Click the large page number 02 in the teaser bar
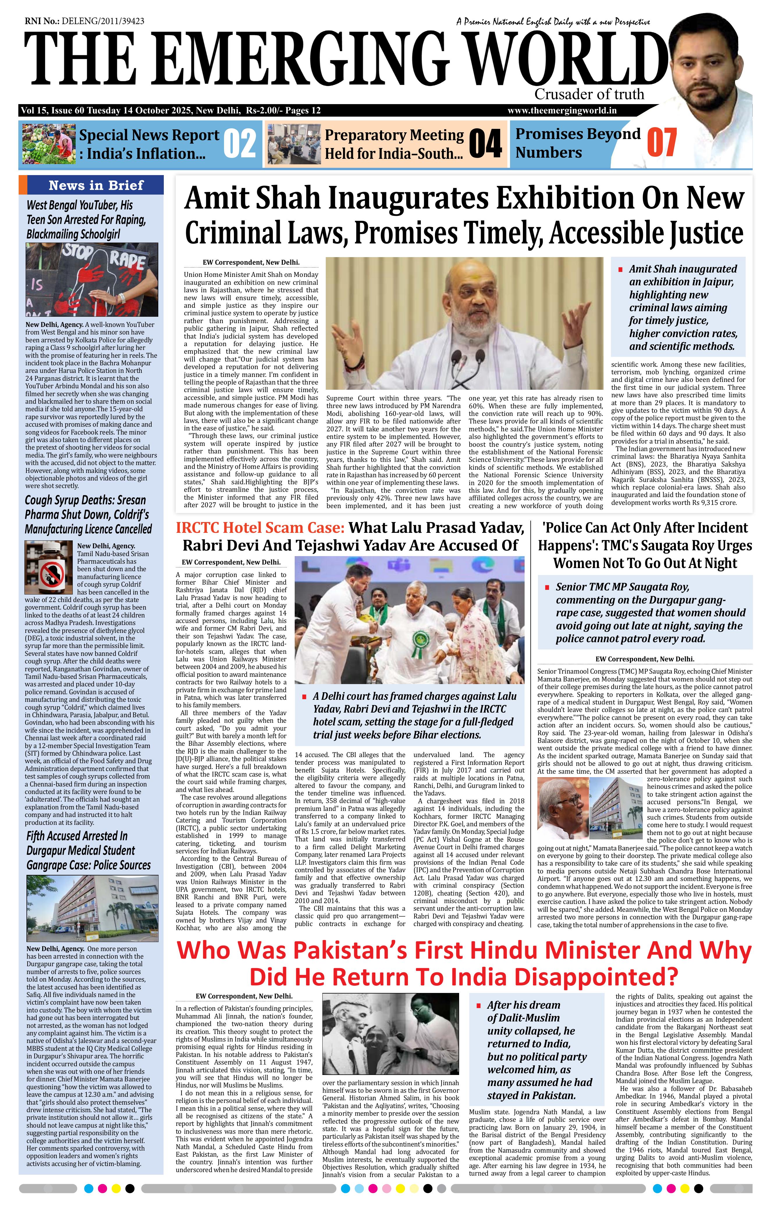pos(239,143)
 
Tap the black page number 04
pos(485,143)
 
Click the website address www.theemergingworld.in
pos(562,111)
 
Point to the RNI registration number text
pos(84,21)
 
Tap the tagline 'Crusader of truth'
pos(589,94)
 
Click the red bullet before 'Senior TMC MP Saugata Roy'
pos(547,587)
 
